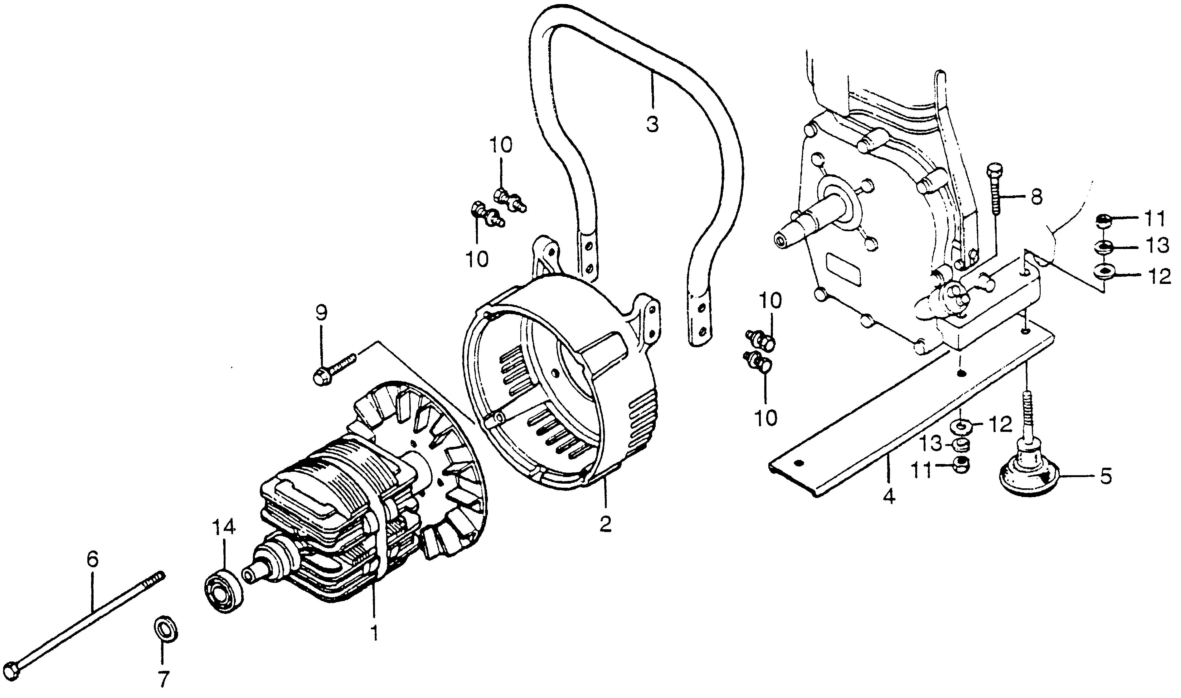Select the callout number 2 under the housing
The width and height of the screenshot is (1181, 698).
[605, 524]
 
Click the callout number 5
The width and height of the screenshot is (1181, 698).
[1105, 477]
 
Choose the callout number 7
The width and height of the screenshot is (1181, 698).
[163, 679]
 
